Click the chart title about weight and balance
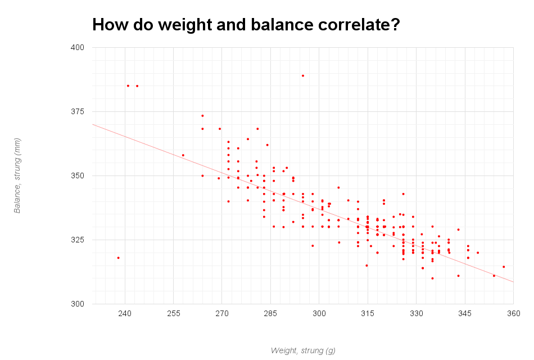click(246, 25)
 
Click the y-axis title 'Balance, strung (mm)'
click(17, 175)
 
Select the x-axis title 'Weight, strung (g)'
click(303, 350)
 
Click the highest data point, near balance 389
click(303, 75)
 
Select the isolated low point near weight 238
click(118, 258)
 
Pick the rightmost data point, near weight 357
click(504, 267)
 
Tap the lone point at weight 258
click(183, 155)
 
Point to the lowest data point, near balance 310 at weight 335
click(432, 278)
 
